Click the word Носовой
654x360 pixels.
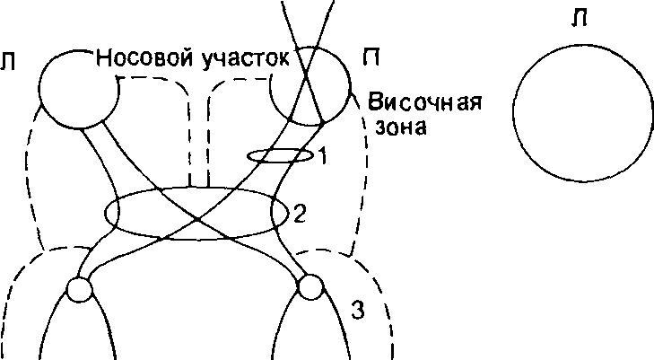click(144, 58)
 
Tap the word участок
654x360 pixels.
click(245, 59)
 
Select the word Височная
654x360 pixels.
click(424, 102)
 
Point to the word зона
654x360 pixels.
click(401, 127)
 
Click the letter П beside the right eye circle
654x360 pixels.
click(371, 58)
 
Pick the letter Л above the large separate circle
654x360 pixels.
click(580, 19)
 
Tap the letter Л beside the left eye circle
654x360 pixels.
click(7, 63)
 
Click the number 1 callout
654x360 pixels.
click(322, 157)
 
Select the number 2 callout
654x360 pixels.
click(301, 215)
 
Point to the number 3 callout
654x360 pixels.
click(358, 312)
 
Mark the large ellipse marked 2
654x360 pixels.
click(105, 214)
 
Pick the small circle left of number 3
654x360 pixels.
click(310, 288)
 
